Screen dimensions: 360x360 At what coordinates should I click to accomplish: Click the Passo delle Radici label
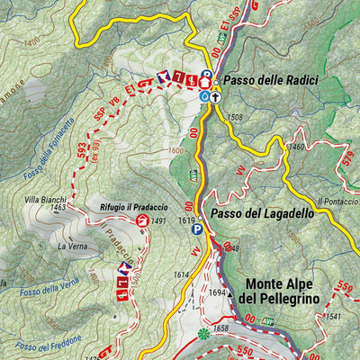270,80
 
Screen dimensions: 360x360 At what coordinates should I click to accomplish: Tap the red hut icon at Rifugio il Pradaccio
141,220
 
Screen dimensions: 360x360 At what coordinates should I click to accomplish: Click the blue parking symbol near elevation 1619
196,230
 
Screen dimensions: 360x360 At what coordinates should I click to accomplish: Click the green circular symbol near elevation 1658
202,334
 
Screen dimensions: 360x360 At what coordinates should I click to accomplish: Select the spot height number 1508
235,117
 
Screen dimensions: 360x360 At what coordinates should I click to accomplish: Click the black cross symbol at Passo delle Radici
216,95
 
